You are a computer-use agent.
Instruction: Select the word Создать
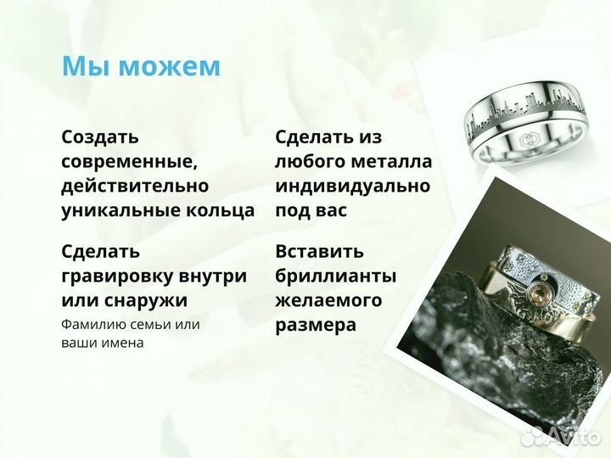pos(100,137)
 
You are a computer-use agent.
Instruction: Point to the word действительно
pos(135,186)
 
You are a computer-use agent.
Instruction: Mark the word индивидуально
pos(352,186)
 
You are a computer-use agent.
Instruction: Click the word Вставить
pos(319,251)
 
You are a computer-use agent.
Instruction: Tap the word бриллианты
pos(335,276)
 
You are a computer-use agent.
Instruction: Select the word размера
pos(315,325)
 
